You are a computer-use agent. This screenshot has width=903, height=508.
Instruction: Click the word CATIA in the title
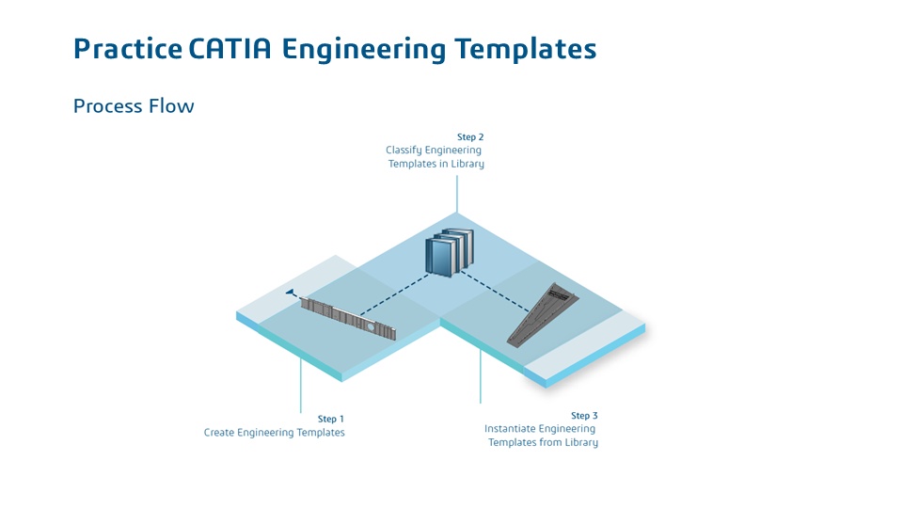pos(230,49)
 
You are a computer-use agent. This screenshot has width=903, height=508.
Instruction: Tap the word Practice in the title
pos(127,49)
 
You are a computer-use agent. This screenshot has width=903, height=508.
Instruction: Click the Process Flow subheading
pos(134,105)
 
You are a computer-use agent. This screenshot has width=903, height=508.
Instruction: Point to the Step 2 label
pos(470,137)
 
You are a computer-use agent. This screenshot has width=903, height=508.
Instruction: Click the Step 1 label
pos(331,419)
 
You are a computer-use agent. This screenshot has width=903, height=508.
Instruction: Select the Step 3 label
pos(584,416)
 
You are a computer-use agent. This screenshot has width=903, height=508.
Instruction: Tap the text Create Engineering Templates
pos(275,433)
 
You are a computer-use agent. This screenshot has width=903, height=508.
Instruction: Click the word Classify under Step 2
pos(404,151)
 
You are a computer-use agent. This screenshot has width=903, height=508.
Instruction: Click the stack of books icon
pos(450,251)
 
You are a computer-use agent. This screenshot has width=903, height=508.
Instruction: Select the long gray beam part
pos(348,318)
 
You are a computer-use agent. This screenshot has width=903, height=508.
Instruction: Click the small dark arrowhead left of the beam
pos(291,293)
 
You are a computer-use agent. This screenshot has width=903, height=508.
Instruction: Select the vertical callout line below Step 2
pos(457,193)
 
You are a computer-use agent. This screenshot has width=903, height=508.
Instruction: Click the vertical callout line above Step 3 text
pos(481,376)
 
